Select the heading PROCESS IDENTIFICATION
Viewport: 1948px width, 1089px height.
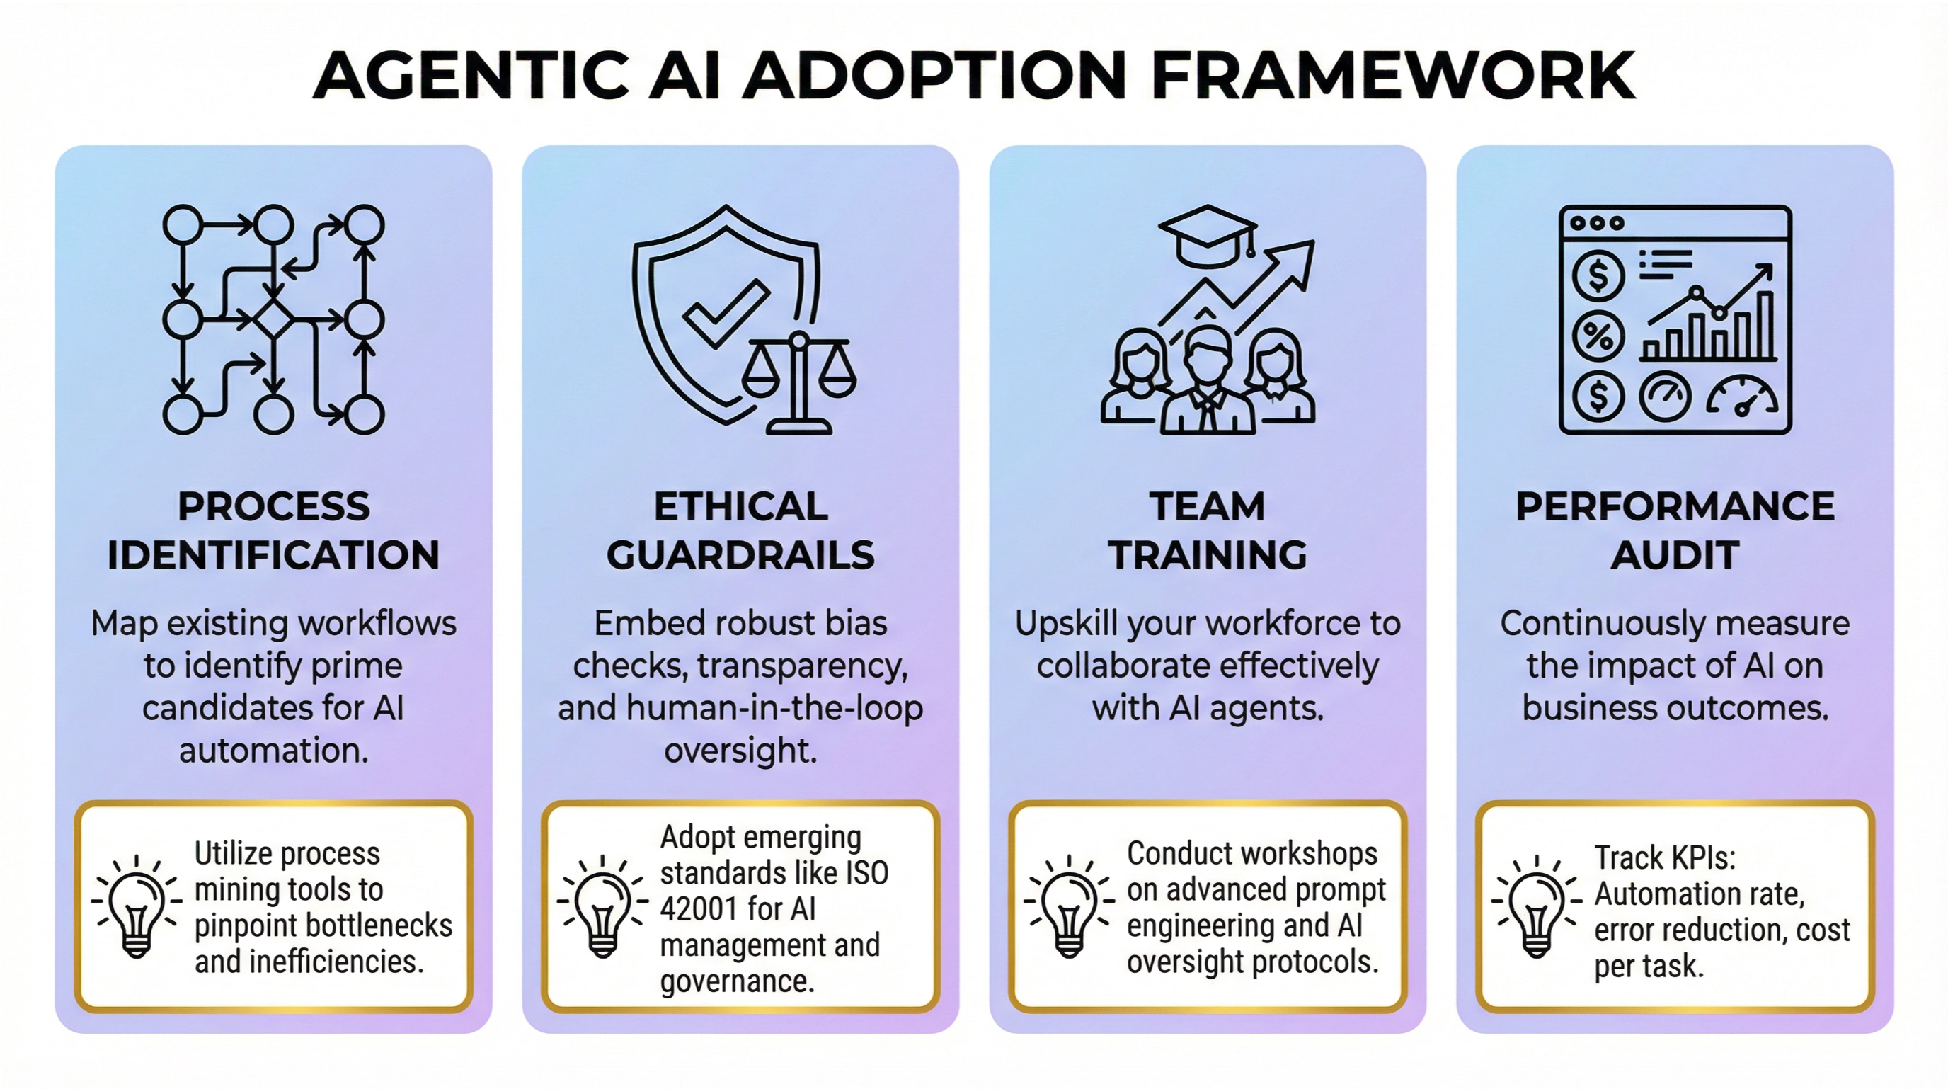pos(274,530)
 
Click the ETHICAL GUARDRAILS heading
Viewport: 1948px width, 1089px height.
pos(740,530)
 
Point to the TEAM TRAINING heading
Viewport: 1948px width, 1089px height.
pos(1208,530)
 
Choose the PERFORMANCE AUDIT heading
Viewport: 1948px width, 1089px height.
pos(1675,530)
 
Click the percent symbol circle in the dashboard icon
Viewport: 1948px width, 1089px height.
pos(1598,336)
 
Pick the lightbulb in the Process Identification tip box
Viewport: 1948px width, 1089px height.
pos(137,906)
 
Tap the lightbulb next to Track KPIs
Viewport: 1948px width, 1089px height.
pos(1537,906)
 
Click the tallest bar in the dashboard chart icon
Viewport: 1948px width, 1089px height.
pos(1766,325)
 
